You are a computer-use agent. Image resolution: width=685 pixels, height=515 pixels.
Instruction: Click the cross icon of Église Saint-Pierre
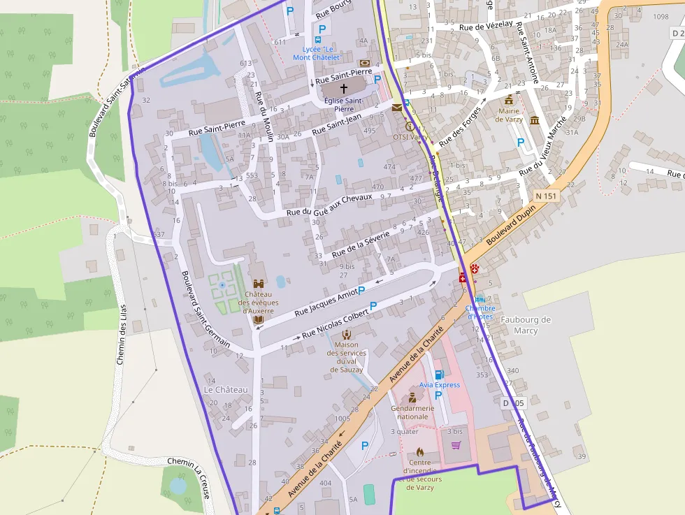(x=343, y=89)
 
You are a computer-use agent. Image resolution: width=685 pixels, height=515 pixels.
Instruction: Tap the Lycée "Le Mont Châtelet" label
(x=316, y=52)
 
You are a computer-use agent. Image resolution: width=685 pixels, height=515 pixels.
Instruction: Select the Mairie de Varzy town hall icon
(x=508, y=101)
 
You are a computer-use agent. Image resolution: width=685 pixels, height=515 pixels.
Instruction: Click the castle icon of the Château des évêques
(x=259, y=284)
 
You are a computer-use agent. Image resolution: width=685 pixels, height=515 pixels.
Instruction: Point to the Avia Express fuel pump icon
(x=439, y=375)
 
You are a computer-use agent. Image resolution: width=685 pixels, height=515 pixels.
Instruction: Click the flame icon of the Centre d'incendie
(x=419, y=452)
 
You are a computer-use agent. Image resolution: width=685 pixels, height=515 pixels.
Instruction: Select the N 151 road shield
(x=546, y=196)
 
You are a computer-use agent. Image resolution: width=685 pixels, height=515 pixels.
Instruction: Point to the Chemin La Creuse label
(x=189, y=472)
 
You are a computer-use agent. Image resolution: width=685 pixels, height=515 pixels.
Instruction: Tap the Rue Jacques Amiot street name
(x=326, y=302)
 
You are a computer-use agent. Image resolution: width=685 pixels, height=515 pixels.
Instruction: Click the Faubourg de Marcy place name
(x=526, y=325)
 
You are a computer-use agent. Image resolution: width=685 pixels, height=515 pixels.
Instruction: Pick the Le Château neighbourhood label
(x=226, y=389)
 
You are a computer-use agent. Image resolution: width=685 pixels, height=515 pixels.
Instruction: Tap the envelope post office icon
(x=397, y=108)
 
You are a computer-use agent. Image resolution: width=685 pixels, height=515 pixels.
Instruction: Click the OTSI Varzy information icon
(x=410, y=126)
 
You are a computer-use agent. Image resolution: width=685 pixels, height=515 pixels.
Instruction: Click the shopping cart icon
(x=456, y=445)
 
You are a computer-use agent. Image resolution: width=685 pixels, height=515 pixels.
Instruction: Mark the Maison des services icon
(x=346, y=334)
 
